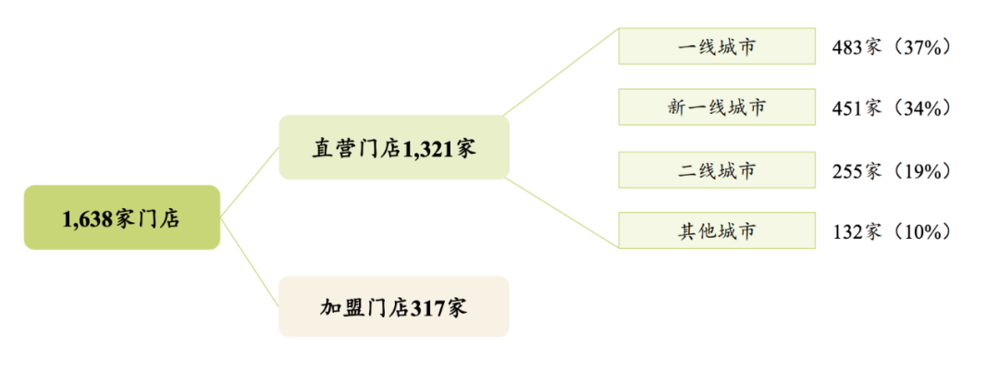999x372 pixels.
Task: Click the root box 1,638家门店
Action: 121,217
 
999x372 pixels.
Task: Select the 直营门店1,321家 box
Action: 393,147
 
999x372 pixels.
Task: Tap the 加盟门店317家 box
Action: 393,306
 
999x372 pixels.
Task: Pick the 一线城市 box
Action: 716,46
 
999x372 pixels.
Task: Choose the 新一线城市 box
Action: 716,107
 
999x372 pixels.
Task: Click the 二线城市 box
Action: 716,169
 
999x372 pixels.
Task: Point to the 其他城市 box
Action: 716,230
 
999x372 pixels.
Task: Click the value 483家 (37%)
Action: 892,46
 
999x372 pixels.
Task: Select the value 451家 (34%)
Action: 892,107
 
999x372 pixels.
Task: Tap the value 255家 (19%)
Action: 892,170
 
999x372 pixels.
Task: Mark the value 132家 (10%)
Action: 892,231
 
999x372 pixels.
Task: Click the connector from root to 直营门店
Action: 250,182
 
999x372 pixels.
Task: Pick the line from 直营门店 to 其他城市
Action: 562,212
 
